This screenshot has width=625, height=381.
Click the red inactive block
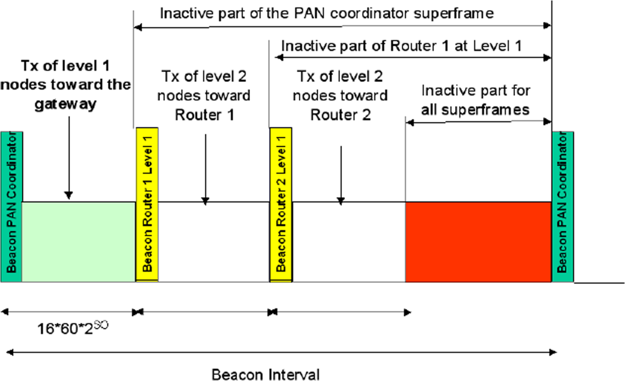[479, 241]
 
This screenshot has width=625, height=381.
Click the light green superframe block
[78, 241]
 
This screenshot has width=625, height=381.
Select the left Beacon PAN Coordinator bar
[11, 206]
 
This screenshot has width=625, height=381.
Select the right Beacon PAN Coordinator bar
[562, 206]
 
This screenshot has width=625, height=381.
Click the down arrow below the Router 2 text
[341, 175]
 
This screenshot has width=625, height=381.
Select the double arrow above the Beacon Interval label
[278, 353]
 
